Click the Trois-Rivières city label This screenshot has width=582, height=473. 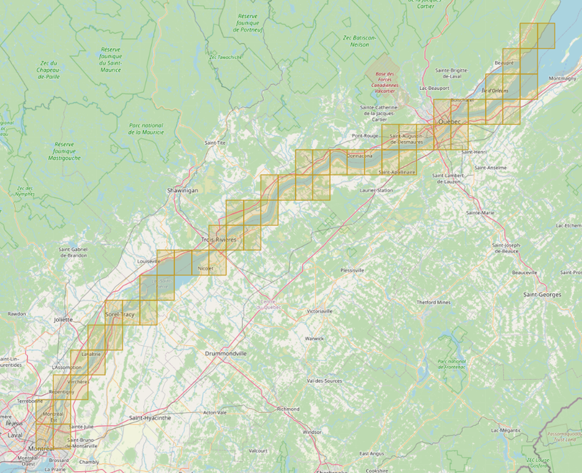(x=218, y=239)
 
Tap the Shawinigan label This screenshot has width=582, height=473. (x=183, y=190)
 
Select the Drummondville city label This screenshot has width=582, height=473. (x=226, y=354)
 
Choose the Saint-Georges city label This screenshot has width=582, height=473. (x=542, y=295)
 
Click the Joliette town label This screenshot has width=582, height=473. (x=63, y=319)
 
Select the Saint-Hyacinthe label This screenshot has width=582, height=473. (x=150, y=418)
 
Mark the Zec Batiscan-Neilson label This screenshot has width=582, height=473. (x=360, y=41)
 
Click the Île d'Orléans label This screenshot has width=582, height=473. (x=495, y=91)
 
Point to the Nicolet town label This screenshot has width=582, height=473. (x=206, y=269)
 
